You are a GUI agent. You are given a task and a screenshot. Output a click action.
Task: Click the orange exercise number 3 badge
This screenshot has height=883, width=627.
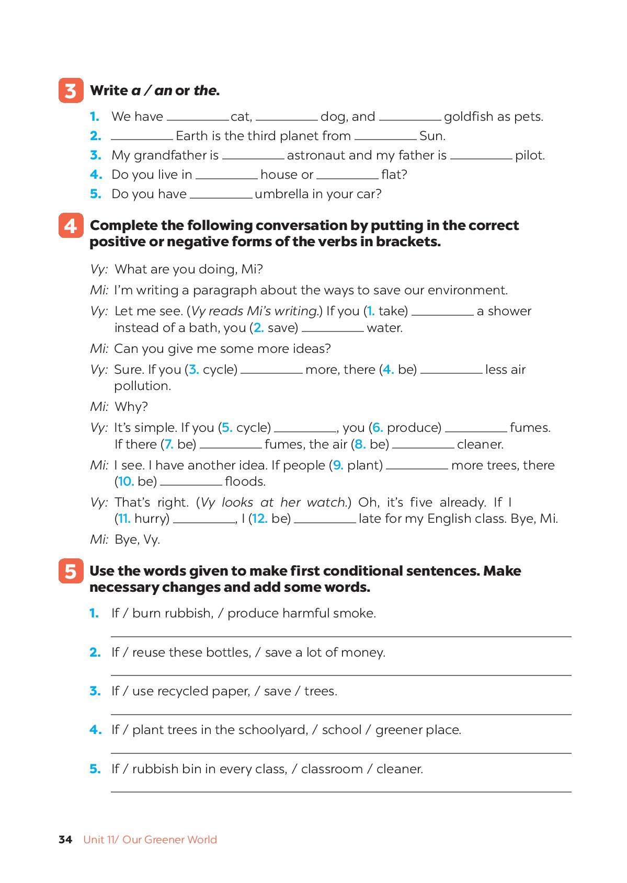71,91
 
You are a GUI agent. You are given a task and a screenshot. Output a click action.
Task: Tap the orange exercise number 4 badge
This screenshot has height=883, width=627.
71,226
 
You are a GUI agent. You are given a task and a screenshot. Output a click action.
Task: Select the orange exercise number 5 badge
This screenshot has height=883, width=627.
71,571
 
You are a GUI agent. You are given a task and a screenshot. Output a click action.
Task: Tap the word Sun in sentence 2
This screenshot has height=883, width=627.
432,136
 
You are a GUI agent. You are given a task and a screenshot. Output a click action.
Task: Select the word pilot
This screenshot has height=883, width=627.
530,156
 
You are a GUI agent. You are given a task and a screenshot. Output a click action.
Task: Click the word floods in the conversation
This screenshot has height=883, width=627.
245,481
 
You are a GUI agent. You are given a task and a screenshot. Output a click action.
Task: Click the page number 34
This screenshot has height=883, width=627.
65,840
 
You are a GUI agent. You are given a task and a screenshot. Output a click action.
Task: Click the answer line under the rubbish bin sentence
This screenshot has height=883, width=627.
341,791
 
